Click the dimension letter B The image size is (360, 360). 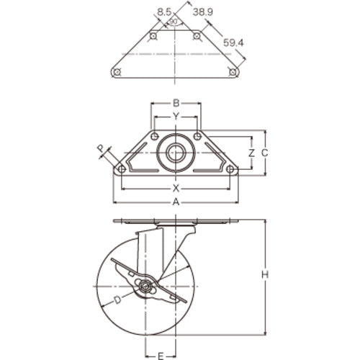[x=175, y=102]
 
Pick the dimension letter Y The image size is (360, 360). [x=175, y=115]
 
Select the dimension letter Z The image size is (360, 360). [x=251, y=153]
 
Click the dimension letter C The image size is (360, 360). [x=264, y=153]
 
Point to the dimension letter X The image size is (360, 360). [x=175, y=188]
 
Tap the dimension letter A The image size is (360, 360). [x=175, y=202]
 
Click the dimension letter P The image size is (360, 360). [x=99, y=148]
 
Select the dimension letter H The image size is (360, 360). [x=264, y=274]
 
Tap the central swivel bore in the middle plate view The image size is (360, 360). [x=175, y=153]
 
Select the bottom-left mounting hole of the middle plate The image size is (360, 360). [x=121, y=169]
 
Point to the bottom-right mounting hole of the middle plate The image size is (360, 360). [x=230, y=169]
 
